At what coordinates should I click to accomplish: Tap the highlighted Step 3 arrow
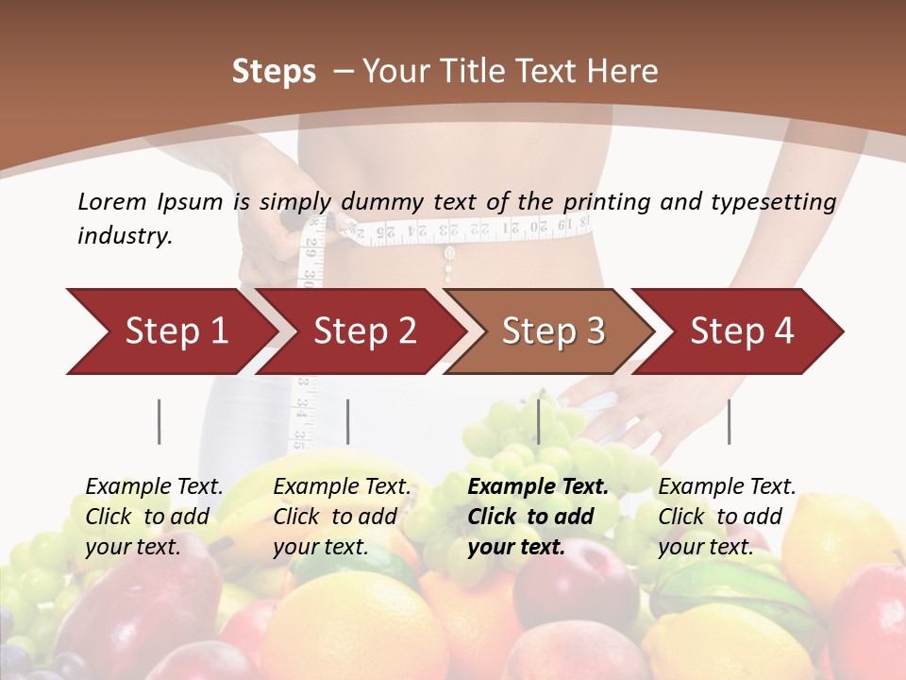(x=552, y=331)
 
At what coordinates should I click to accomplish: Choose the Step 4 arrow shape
(x=741, y=331)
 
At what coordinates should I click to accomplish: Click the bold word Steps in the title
(x=274, y=72)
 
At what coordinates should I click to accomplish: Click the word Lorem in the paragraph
(x=111, y=201)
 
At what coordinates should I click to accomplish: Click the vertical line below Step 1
(x=159, y=421)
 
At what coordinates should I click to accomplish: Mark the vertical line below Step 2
(x=348, y=421)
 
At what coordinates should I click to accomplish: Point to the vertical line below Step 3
(x=539, y=421)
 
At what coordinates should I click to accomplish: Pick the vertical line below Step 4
(x=729, y=421)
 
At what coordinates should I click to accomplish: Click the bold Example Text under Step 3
(x=538, y=487)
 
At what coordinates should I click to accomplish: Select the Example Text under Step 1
(x=154, y=487)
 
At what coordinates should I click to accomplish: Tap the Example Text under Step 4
(x=727, y=487)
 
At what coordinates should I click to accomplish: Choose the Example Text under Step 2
(x=342, y=487)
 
